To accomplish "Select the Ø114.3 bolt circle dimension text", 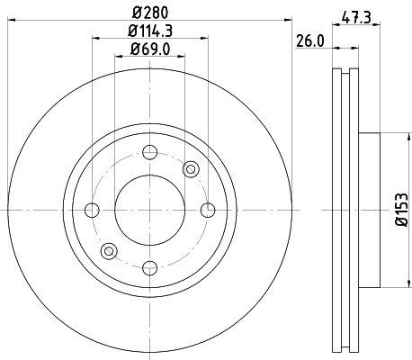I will pyautogui.click(x=150, y=33).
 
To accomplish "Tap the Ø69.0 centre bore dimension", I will pyautogui.click(x=150, y=50).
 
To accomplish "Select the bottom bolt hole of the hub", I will pyautogui.click(x=149, y=266).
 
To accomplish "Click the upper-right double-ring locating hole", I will pyautogui.click(x=190, y=170).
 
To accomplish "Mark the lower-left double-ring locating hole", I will pyautogui.click(x=110, y=250).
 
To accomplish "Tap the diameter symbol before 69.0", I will pyautogui.click(x=132, y=50).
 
